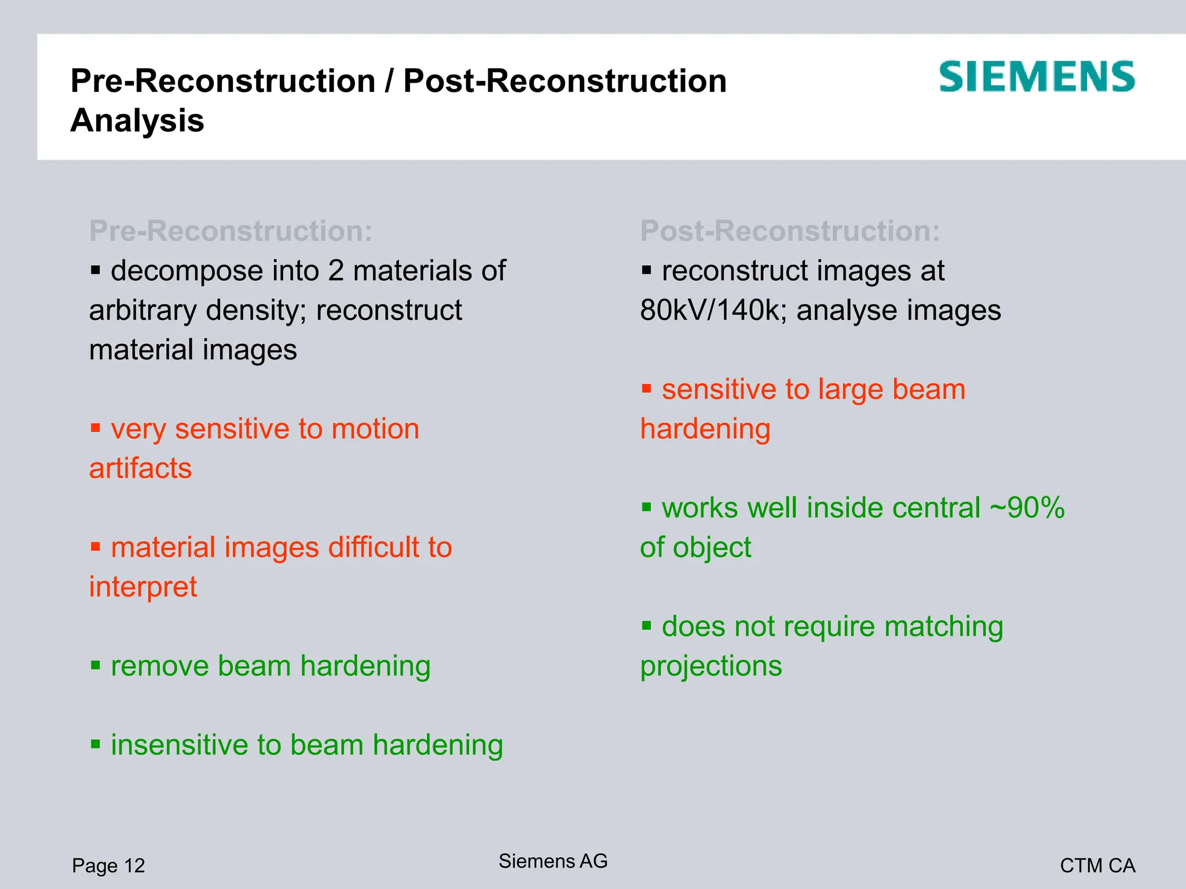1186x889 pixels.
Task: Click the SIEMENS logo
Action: [x=1037, y=77]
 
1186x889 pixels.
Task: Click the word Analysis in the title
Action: [x=137, y=120]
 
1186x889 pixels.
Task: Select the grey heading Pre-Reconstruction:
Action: [x=230, y=231]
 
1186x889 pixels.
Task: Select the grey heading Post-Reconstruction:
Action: [x=790, y=231]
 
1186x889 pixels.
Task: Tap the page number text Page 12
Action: [x=108, y=865]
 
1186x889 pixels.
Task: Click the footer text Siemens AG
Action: [x=553, y=861]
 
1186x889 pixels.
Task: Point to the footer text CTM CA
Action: [x=1097, y=865]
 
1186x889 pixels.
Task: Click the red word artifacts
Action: [x=140, y=468]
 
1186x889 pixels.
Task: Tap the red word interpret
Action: [x=143, y=587]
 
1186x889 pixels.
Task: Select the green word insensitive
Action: [x=180, y=745]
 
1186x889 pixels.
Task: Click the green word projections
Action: [x=711, y=666]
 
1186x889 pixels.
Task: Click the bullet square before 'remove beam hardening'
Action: [x=96, y=665]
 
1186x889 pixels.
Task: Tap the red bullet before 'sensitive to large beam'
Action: [x=647, y=388]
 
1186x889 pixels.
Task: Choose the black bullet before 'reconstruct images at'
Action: [x=647, y=270]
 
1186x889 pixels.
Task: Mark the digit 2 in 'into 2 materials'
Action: [x=336, y=271]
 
